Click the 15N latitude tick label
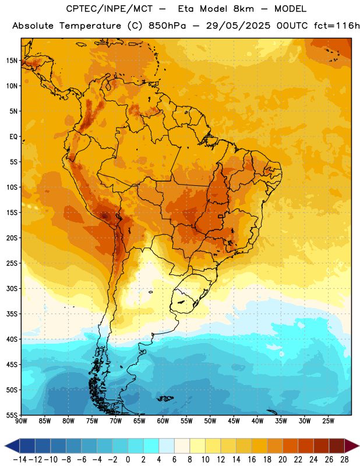point(12,61)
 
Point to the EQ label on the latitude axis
point(13,137)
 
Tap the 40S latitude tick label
point(12,339)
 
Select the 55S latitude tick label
point(12,415)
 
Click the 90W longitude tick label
point(21,421)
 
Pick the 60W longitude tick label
point(163,421)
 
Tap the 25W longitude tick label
point(328,421)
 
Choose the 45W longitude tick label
point(234,421)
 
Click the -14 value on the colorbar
point(20,460)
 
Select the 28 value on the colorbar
point(344,460)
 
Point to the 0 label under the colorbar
point(128,460)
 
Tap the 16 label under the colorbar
point(252,460)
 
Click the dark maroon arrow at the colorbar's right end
point(351,446)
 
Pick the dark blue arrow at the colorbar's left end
point(12,446)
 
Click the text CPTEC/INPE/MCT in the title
point(110,9)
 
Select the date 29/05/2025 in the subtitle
point(238,26)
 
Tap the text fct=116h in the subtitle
point(337,26)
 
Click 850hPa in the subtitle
point(167,26)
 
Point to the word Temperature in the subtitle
point(90,26)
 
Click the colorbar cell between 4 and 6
point(167,446)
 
